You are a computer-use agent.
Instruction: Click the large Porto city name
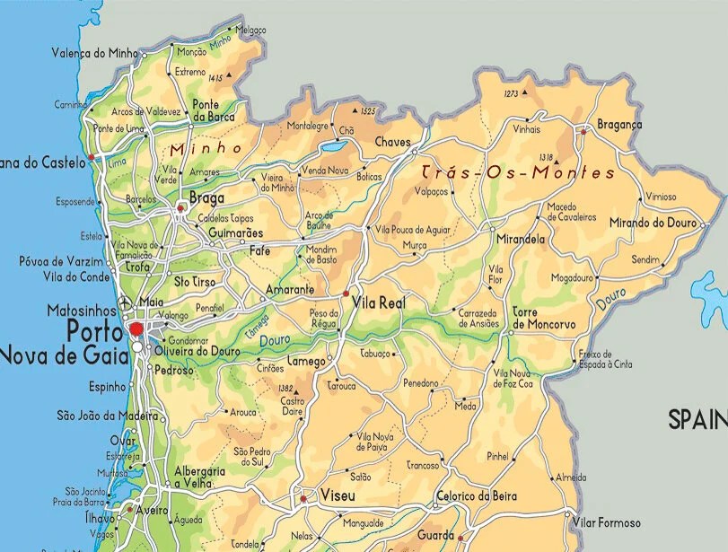point(96,332)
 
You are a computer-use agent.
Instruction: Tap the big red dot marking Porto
point(136,329)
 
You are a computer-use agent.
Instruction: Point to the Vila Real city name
point(380,303)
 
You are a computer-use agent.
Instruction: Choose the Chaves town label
point(392,142)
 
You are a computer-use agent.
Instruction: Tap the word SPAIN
point(697,419)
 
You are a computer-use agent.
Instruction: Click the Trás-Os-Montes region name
point(518,172)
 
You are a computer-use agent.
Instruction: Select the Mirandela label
point(521,241)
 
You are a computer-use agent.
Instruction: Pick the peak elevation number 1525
point(367,111)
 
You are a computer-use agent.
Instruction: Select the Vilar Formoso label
point(608,522)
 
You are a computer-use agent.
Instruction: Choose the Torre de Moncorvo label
point(543,317)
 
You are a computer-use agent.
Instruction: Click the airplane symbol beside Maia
point(125,302)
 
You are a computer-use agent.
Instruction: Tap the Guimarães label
point(235,232)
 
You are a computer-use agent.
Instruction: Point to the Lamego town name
point(306,361)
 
